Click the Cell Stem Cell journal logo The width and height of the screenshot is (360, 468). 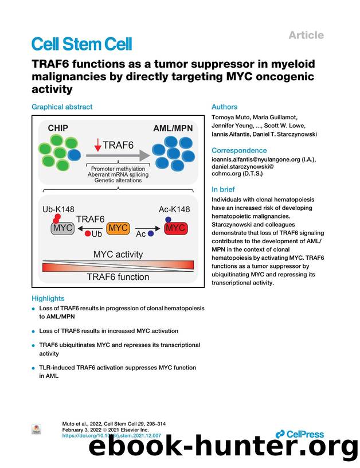click(x=81, y=44)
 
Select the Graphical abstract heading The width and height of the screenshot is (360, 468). click(x=62, y=107)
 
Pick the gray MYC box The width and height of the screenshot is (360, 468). click(x=62, y=228)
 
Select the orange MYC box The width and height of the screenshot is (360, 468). click(x=118, y=228)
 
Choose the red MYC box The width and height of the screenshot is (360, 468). click(x=175, y=228)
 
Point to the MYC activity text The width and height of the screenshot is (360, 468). click(x=118, y=254)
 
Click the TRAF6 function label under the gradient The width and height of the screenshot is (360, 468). click(x=118, y=277)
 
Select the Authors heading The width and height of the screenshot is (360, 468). click(x=225, y=107)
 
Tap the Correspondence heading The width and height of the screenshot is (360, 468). click(x=239, y=151)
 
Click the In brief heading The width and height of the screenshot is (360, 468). click(x=225, y=189)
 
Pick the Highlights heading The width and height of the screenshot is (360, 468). click(x=48, y=298)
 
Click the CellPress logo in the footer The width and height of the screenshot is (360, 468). click(x=299, y=434)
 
